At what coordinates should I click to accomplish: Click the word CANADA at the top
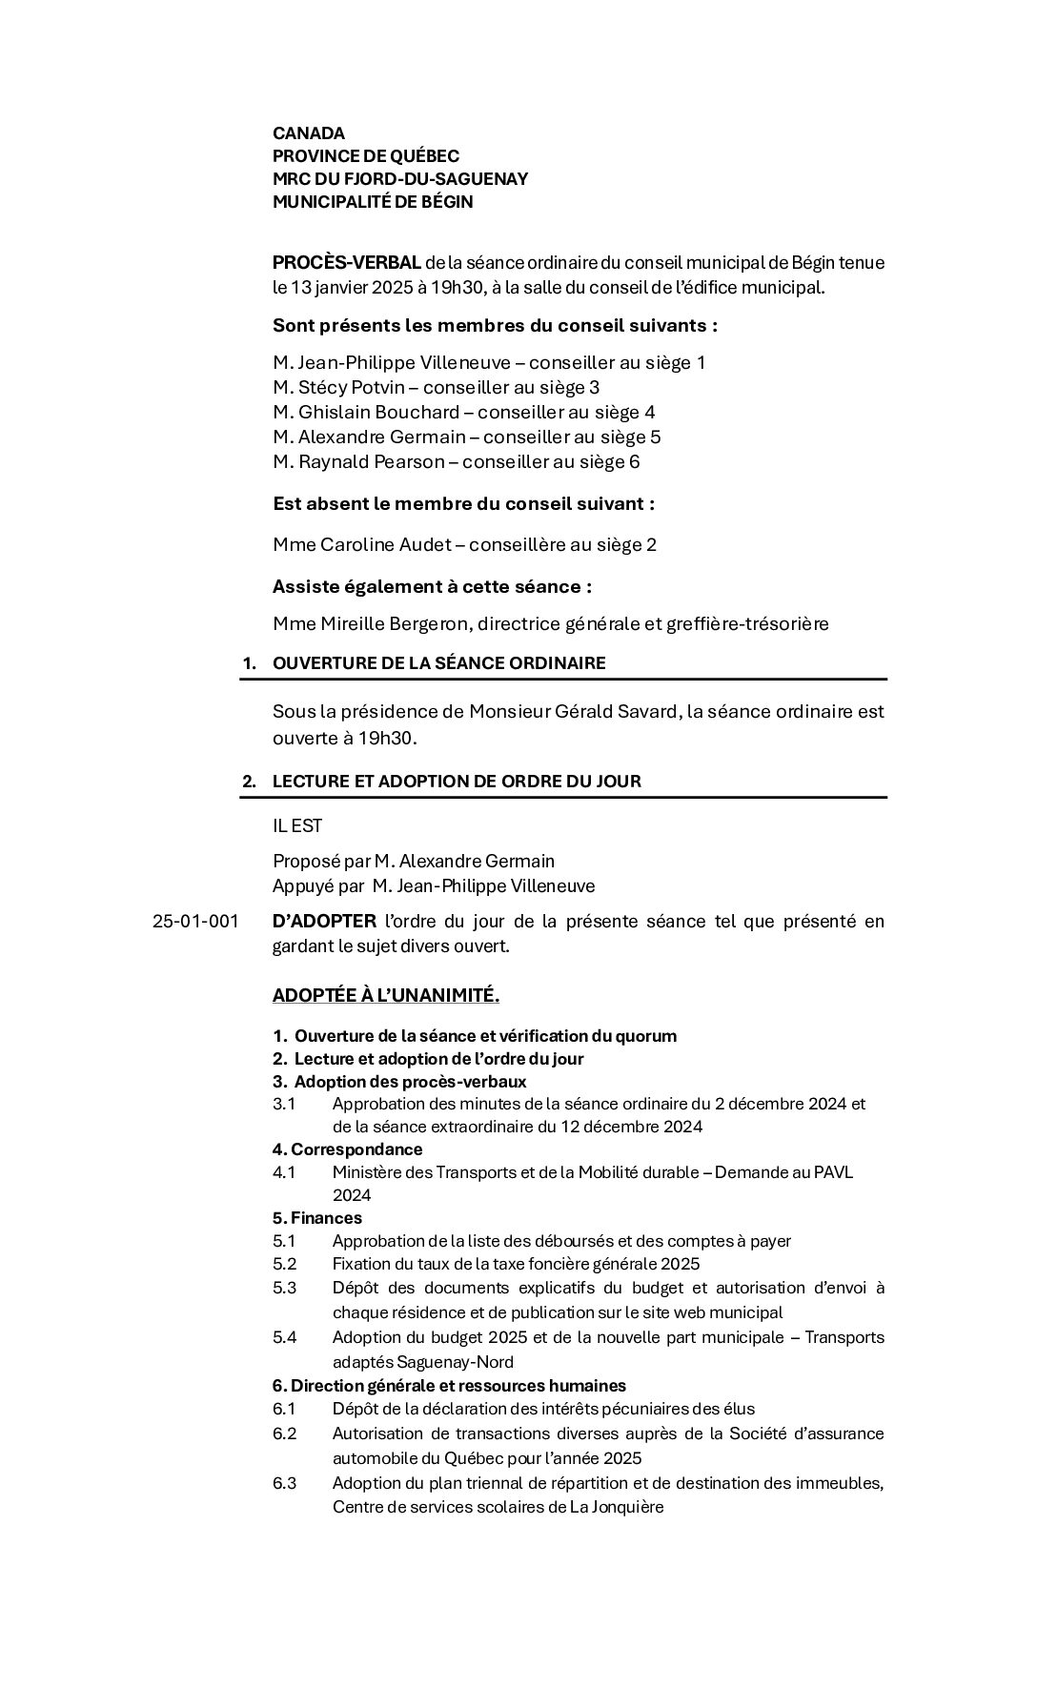pos(309,133)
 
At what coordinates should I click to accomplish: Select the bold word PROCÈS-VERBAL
pos(347,262)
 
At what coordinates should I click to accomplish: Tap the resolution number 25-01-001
pos(195,922)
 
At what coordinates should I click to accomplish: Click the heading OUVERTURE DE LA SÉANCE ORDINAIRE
pos(438,663)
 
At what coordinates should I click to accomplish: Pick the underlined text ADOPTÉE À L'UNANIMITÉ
pos(386,996)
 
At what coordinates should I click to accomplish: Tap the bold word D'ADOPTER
pos(324,922)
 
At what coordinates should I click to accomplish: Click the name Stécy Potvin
pos(353,388)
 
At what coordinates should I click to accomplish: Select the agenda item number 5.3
pos(284,1288)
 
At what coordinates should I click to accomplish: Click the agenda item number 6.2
pos(284,1433)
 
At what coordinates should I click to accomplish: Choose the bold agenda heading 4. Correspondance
pos(347,1149)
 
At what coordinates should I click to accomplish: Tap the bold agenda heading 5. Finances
pos(317,1218)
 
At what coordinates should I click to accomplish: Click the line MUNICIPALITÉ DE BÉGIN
pos(373,202)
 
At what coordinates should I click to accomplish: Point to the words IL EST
pos(297,826)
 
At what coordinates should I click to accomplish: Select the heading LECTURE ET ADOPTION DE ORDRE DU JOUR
pos(457,782)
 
